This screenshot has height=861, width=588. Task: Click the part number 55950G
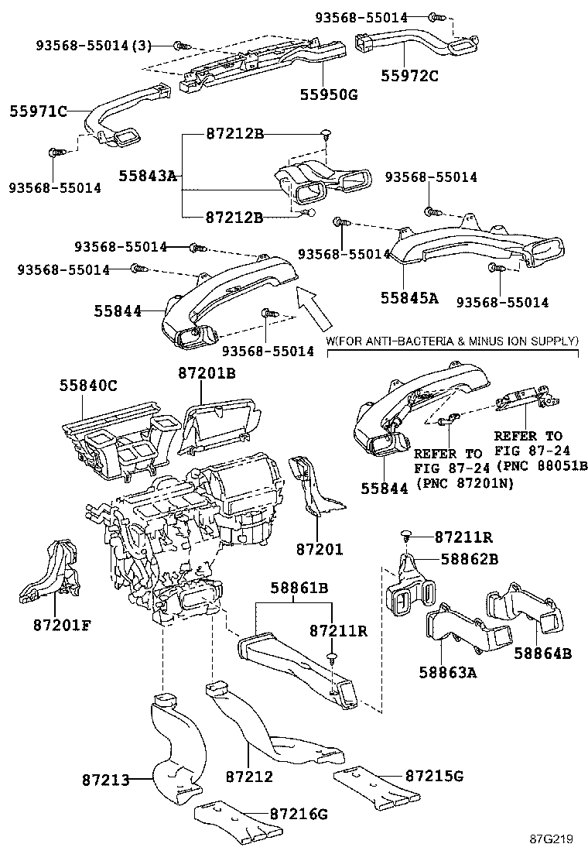pos(329,94)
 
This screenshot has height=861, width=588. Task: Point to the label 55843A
pos(148,177)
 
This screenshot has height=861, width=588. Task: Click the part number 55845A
pos(409,297)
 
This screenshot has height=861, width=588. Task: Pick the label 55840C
pos(89,385)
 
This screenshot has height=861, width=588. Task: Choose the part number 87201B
pos(206,374)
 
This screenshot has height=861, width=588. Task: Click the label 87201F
pos(62,624)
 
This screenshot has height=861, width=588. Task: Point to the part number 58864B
pos(542,653)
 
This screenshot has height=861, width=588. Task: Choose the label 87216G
pos(299,814)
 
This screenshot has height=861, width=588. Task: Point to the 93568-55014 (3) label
pos(94,46)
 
